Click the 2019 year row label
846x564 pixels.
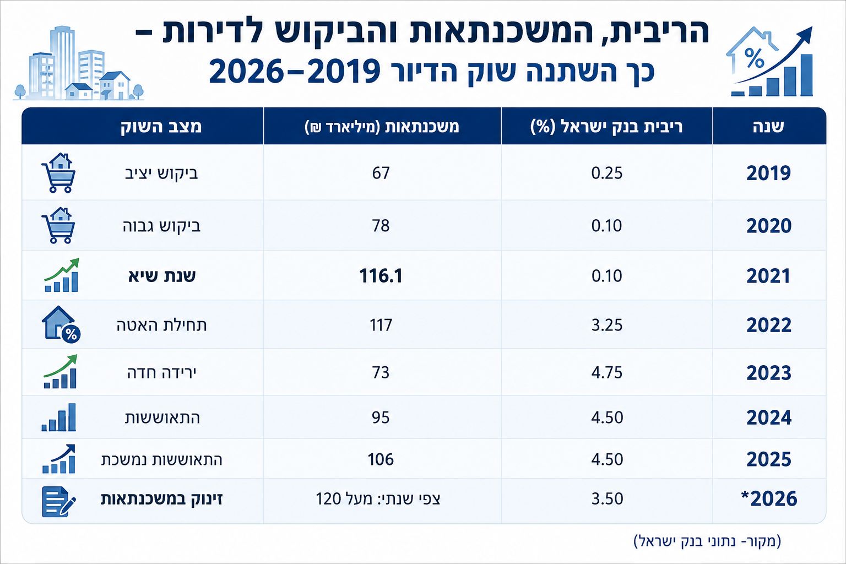(768, 173)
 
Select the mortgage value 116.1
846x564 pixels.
(381, 276)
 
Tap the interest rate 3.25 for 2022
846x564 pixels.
(606, 325)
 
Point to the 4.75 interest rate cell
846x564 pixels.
(606, 373)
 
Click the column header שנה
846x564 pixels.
(768, 126)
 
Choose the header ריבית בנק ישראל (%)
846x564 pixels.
(606, 127)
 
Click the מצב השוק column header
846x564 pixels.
(161, 126)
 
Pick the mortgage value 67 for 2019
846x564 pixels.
(381, 173)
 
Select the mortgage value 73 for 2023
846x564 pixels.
(381, 373)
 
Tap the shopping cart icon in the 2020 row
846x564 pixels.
(58, 225)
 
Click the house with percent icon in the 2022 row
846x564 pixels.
(61, 324)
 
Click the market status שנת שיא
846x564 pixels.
(162, 276)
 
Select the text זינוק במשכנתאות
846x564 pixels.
(161, 499)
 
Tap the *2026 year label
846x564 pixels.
(769, 499)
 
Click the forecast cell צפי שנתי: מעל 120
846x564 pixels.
(378, 499)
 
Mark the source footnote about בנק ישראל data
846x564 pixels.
(707, 541)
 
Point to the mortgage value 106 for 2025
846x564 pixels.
(381, 460)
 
